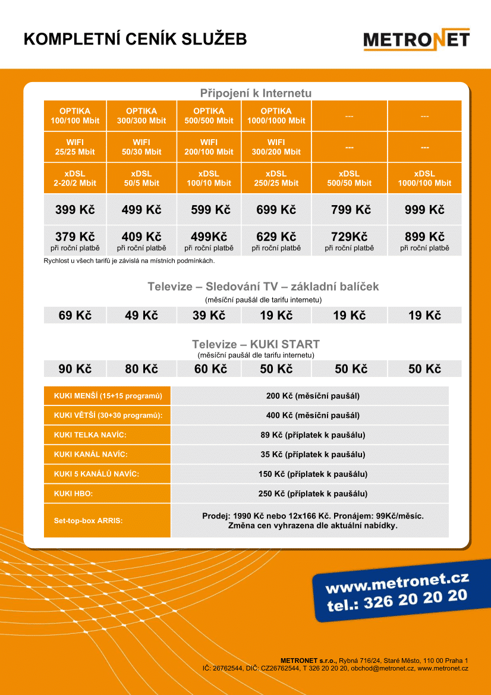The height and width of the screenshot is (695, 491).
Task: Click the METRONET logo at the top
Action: [416, 40]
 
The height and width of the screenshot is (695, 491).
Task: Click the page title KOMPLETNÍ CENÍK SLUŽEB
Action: [135, 39]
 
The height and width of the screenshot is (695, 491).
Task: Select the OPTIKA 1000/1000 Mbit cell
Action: [276, 116]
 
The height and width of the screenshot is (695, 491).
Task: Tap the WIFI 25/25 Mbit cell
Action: [75, 147]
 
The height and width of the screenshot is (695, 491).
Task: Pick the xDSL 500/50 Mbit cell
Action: [350, 178]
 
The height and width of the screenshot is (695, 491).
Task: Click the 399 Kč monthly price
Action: [75, 210]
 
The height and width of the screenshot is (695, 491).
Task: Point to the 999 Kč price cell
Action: [424, 210]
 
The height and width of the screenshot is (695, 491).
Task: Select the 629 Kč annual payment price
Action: [276, 237]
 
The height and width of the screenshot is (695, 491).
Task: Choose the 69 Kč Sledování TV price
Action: [75, 316]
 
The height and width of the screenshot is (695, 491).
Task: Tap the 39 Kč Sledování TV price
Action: [209, 316]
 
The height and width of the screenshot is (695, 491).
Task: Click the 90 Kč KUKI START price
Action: [75, 369]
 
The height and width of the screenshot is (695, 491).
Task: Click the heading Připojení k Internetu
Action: [256, 93]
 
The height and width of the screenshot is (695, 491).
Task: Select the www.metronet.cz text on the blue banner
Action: [397, 583]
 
